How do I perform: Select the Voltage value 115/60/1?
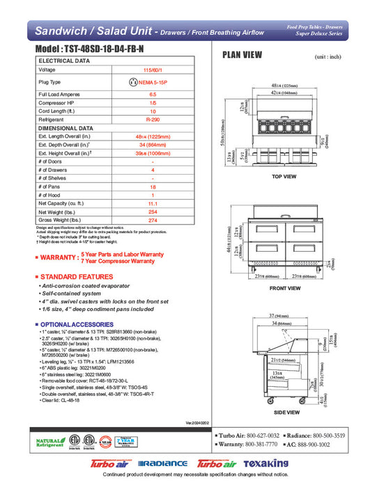(x=153, y=70)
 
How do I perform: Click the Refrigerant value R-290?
(x=153, y=119)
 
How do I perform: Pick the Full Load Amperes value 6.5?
(x=153, y=94)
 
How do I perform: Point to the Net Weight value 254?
(x=153, y=211)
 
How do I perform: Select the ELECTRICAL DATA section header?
(x=64, y=61)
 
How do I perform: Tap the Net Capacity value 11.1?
(x=153, y=202)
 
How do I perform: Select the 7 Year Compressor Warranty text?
(x=118, y=261)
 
